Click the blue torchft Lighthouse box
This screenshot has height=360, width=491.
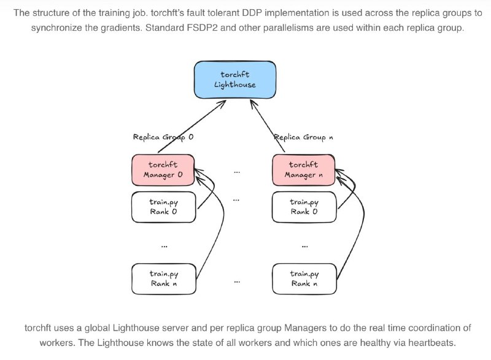[235, 80]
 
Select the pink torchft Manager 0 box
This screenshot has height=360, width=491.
[163, 170]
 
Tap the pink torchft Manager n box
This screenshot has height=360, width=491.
[304, 170]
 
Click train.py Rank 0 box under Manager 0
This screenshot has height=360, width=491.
[164, 207]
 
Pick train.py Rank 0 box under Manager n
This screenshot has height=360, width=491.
[304, 207]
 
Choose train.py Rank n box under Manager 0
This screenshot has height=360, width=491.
[164, 279]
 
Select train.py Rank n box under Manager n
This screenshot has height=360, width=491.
[304, 279]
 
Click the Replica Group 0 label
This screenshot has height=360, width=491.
[163, 137]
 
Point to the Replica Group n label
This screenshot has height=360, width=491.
[303, 137]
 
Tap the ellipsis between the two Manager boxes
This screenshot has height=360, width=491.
[237, 172]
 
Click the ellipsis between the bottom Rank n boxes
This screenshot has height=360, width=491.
[237, 282]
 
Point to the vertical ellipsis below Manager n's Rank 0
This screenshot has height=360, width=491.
[304, 247]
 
